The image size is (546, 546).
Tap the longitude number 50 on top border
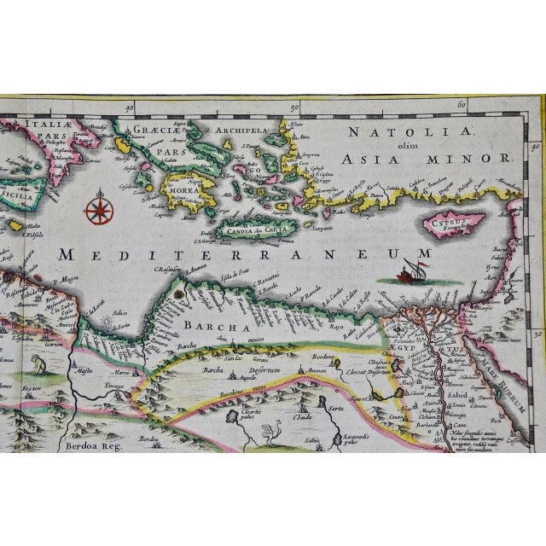pos(293,107)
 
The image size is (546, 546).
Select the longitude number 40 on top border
pos(129,109)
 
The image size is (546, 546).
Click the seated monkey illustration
pos(36,365)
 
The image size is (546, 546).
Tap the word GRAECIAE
pos(153,131)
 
